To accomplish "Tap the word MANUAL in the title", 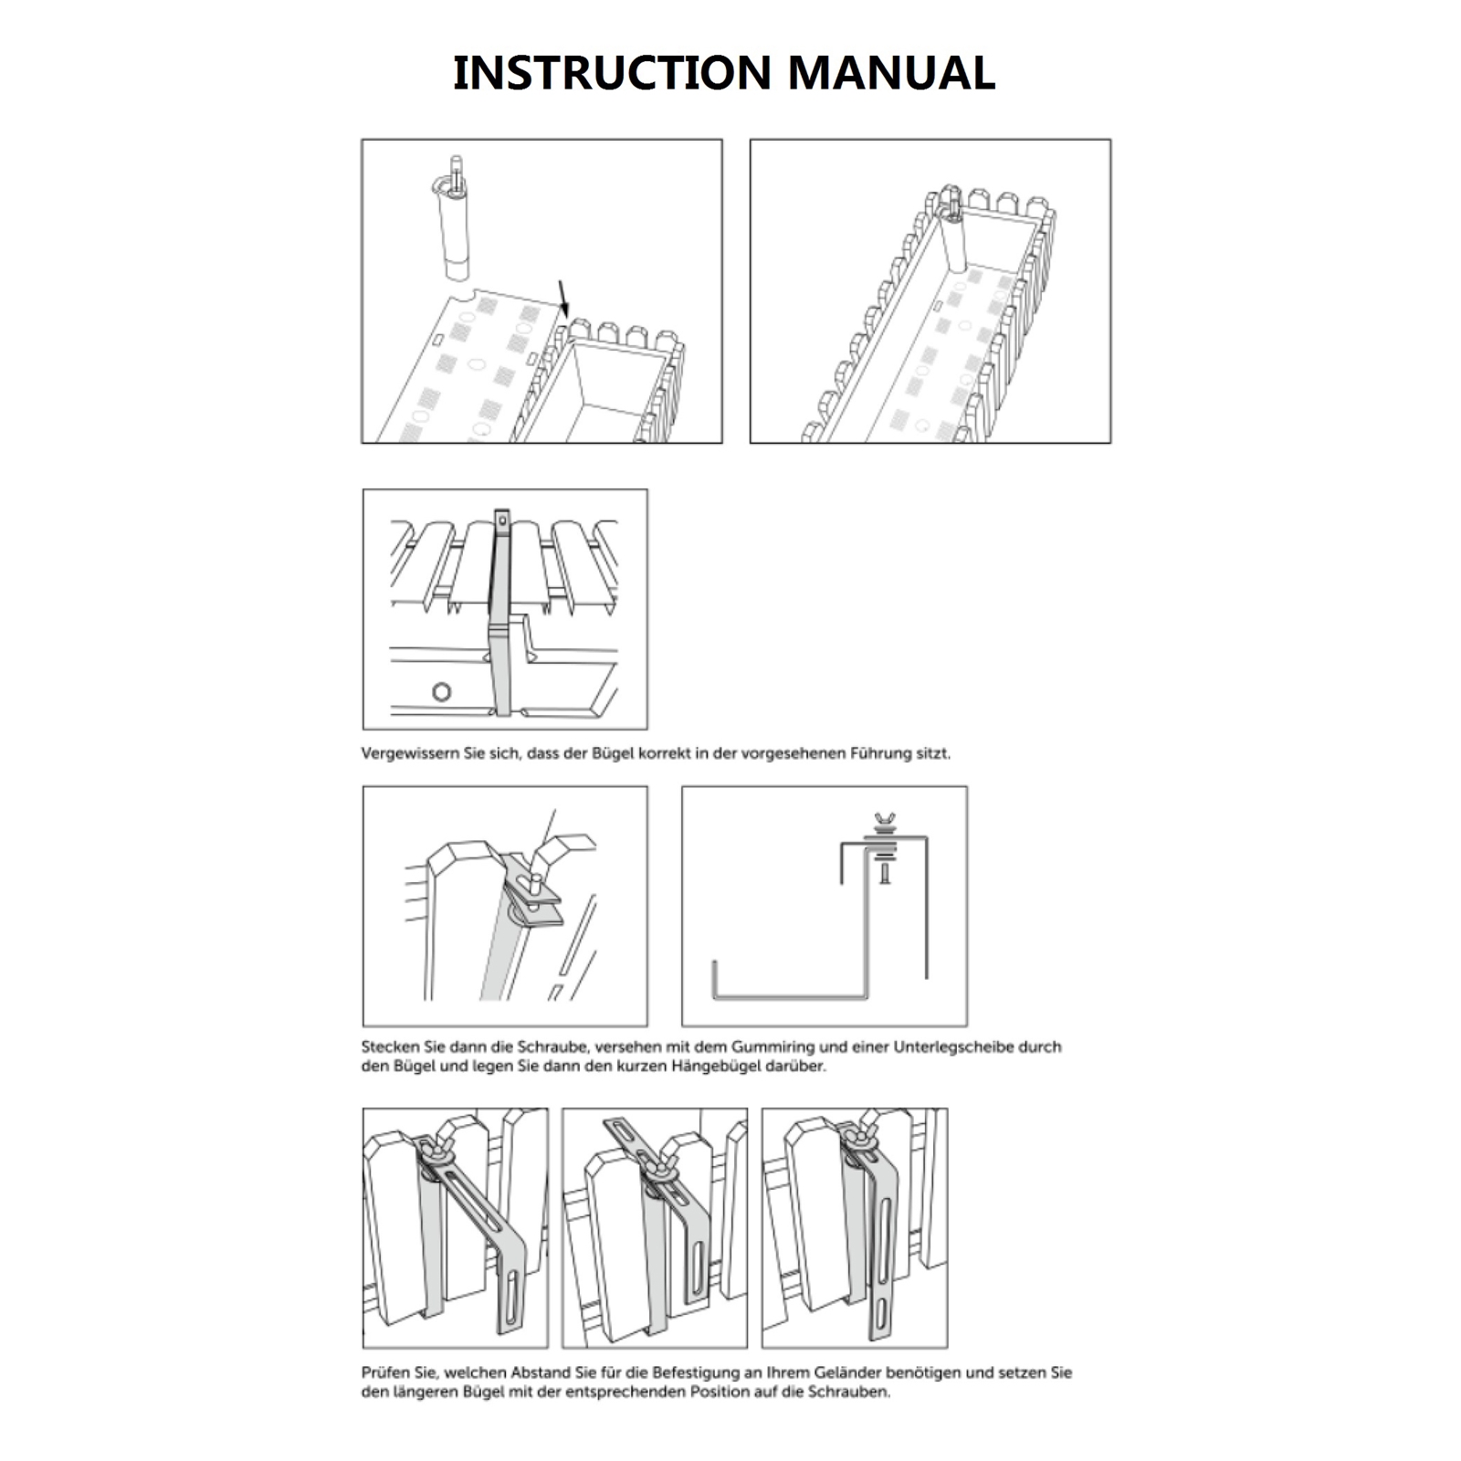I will (x=891, y=73).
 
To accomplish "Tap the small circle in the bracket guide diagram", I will (x=441, y=691).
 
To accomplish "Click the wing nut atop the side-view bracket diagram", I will (x=883, y=820).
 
